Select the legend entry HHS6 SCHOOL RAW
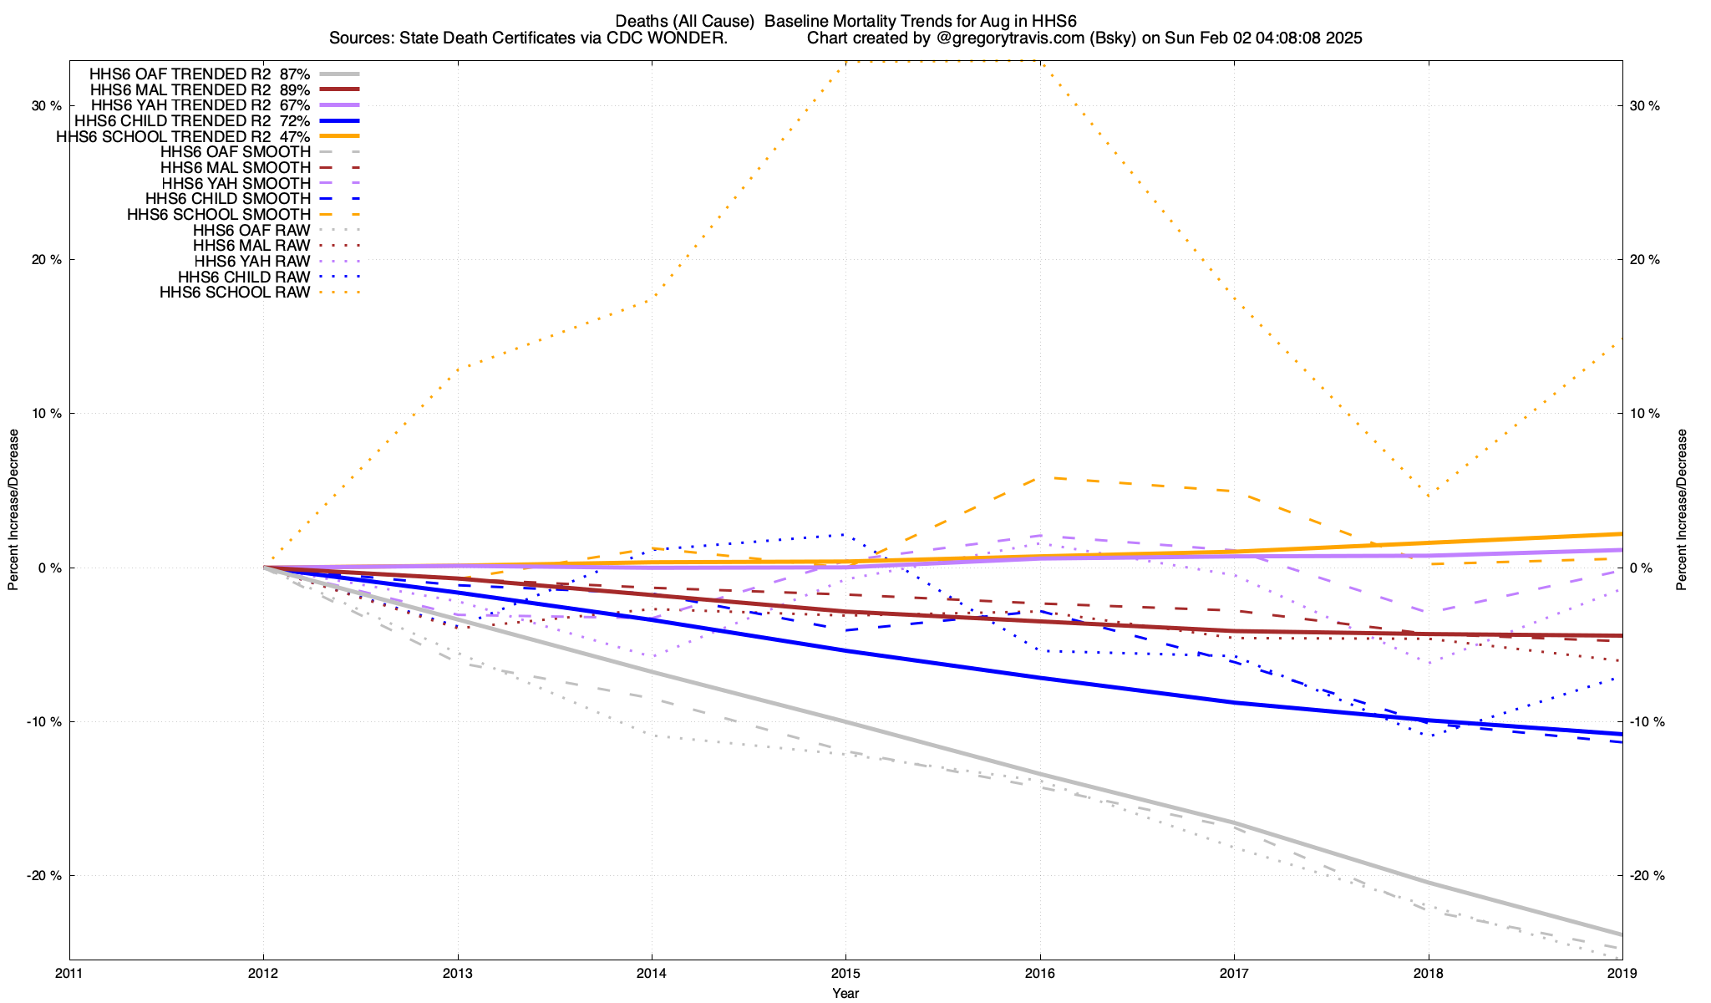pyautogui.click(x=235, y=293)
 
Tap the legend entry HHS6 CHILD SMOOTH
pyautogui.click(x=227, y=199)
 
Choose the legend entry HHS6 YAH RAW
pyautogui.click(x=251, y=262)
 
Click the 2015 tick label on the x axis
pyautogui.click(x=845, y=974)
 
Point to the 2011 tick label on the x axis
pyautogui.click(x=69, y=974)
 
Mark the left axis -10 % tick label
pyautogui.click(x=46, y=722)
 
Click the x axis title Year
pyautogui.click(x=845, y=993)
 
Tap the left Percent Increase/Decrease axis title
pyautogui.click(x=13, y=510)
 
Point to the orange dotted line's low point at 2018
pyautogui.click(x=1429, y=496)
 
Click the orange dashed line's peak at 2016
pyautogui.click(x=1040, y=478)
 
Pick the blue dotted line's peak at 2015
pyautogui.click(x=845, y=534)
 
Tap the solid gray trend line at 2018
pyautogui.click(x=1429, y=883)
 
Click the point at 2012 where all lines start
pyautogui.click(x=264, y=568)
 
